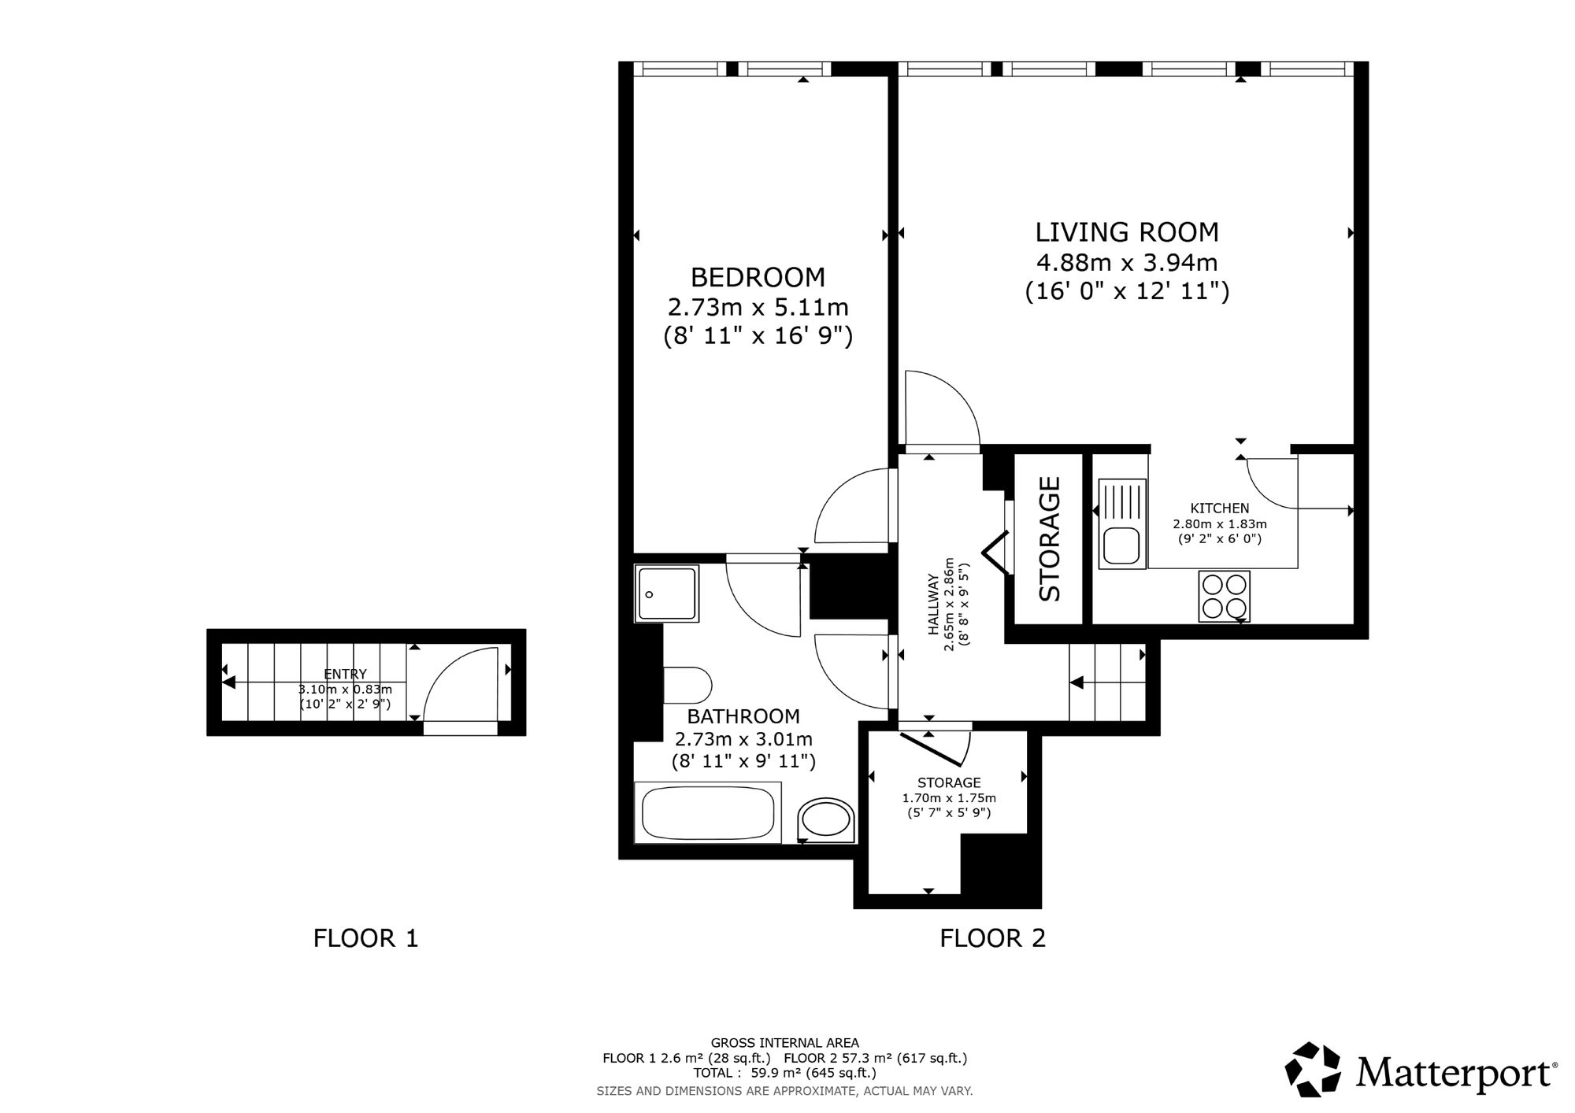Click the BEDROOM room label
(x=758, y=277)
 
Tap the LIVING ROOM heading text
(x=1127, y=232)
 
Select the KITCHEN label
(x=1220, y=508)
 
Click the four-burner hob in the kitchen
(x=1224, y=596)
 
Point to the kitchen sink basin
(x=1121, y=545)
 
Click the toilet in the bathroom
(x=687, y=685)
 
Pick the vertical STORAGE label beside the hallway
(x=1050, y=539)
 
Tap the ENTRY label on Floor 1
(x=345, y=674)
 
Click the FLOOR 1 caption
(x=365, y=938)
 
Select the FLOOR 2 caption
(x=992, y=938)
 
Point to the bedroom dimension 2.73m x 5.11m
(x=758, y=307)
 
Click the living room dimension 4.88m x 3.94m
(x=1128, y=261)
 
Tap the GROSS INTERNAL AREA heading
(x=785, y=1043)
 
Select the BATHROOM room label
(x=743, y=716)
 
